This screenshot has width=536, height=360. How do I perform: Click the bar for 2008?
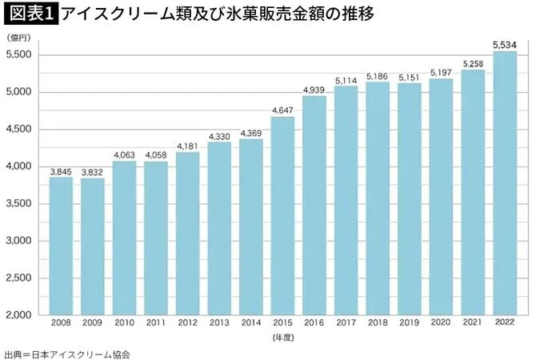click(61, 246)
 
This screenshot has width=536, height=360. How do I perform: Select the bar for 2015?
click(282, 216)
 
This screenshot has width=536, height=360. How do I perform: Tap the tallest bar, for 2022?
click(505, 183)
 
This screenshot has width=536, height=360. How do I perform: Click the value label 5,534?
click(505, 46)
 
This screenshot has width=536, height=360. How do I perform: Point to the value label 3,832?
click(93, 172)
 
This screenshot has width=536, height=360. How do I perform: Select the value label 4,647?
click(282, 110)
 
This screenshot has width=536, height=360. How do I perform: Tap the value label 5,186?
click(378, 76)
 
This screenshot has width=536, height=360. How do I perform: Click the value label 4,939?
click(314, 90)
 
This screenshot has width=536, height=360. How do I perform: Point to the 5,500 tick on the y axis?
click(18, 55)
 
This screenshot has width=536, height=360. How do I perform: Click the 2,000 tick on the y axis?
click(18, 315)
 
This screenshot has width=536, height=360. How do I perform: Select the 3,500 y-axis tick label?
click(18, 204)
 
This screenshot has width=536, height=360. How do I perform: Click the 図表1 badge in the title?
click(29, 14)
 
